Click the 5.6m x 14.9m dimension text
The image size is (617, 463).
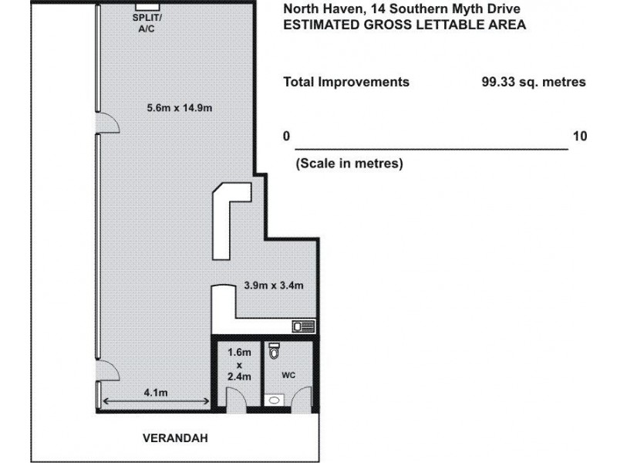[x=180, y=108]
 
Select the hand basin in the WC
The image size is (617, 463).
[x=275, y=401]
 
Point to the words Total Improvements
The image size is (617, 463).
[x=346, y=82]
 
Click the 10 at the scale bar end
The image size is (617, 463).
[x=580, y=137]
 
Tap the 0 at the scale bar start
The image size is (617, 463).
[x=286, y=137]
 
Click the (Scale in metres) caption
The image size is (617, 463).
[x=349, y=164]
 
